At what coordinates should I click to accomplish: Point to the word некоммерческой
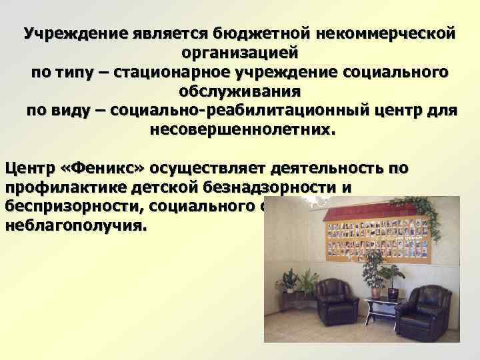[387, 33]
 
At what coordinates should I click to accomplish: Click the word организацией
[239, 52]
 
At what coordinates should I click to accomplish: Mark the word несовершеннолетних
[239, 128]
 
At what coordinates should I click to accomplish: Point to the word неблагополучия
[74, 226]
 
